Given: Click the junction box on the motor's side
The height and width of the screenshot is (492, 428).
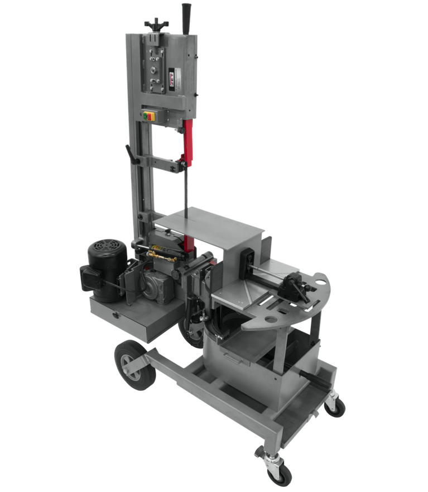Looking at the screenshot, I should click(x=88, y=278).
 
